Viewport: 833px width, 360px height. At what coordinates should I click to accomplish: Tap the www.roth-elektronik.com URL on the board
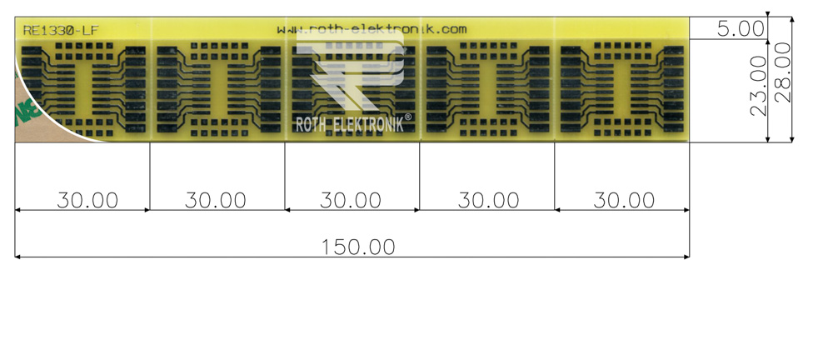pos(372,29)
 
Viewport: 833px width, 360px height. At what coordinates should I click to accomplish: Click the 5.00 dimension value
pos(741,28)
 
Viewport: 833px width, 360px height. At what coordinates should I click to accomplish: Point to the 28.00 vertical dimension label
pos(782,72)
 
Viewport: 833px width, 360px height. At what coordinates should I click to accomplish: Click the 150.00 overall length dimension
pos(358,247)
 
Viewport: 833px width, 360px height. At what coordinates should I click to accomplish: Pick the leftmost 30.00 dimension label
pos(87,201)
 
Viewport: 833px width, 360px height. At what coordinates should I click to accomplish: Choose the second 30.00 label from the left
pos(216,201)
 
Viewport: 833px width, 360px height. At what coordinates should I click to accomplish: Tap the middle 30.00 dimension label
pos(351,201)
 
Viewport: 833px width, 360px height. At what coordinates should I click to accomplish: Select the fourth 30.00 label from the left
pos(489,201)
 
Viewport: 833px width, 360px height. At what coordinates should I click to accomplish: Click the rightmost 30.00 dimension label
pos(624,201)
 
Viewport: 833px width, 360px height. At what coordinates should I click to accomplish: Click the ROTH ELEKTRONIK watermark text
pos(349,124)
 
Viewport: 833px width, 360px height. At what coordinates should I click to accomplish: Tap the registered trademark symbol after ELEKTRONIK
pos(408,117)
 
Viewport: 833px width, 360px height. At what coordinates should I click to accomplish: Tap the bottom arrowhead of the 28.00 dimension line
pos(792,139)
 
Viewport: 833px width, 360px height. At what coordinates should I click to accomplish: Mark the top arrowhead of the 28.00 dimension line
pos(792,20)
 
